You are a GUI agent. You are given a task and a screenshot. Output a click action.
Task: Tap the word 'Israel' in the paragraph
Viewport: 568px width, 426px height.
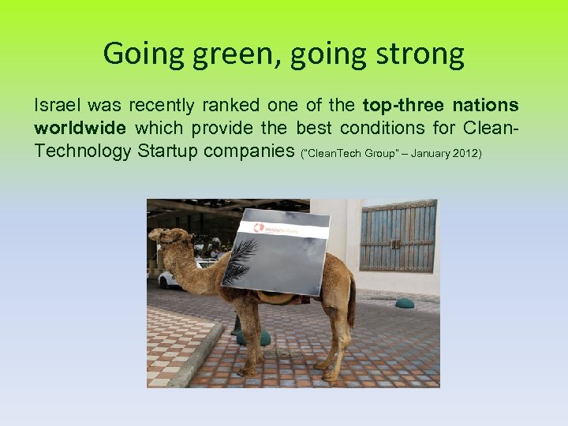click(56, 105)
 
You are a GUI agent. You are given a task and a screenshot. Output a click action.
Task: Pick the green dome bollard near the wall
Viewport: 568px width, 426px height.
click(405, 303)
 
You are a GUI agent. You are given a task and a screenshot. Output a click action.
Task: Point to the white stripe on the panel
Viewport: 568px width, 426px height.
click(284, 230)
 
